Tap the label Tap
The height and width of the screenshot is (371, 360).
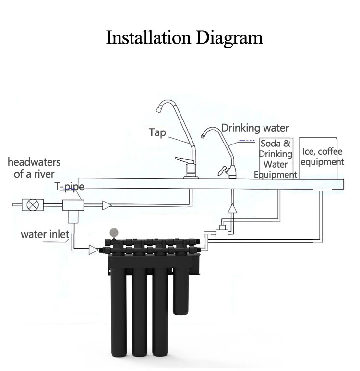point(157,132)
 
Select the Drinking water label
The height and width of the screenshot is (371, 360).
point(255,128)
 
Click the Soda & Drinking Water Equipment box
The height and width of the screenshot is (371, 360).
point(276,158)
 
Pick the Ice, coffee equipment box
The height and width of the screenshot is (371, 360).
point(322,157)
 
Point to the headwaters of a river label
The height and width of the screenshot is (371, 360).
point(34,168)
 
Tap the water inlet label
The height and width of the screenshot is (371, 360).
point(45,234)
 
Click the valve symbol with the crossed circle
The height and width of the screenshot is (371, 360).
point(33,205)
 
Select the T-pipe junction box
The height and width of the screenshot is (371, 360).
point(73,205)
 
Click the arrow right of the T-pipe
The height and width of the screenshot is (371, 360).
point(107,205)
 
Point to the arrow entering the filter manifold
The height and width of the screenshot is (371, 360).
point(94,250)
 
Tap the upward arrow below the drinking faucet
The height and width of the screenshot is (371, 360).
point(232,209)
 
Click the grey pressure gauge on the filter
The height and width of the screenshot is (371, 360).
point(114,232)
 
